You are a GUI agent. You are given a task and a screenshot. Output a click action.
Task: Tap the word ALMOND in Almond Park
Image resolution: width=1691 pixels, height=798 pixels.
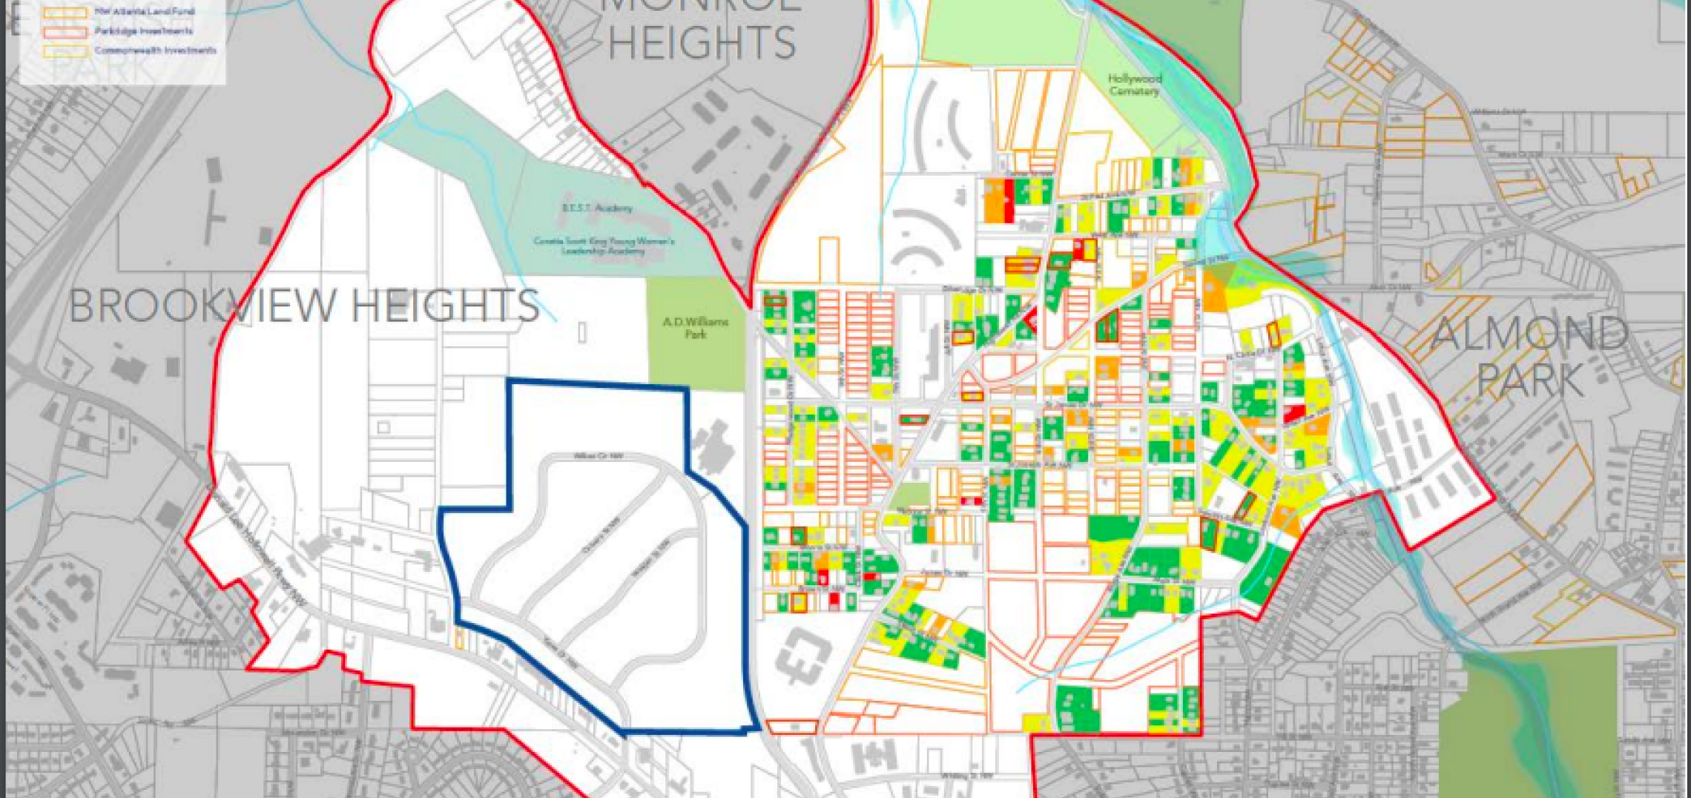pyautogui.click(x=1529, y=334)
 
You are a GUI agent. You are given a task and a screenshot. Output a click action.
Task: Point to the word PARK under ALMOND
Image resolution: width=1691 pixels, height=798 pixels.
pyautogui.click(x=1529, y=381)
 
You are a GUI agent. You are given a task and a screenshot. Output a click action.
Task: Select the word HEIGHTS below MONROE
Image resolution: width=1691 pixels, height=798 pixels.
pyautogui.click(x=702, y=42)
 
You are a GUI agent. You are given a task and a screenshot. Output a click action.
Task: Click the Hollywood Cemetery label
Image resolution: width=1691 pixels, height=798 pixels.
pyautogui.click(x=1134, y=85)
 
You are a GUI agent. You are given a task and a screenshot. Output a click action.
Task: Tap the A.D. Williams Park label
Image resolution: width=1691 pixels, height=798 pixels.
pyautogui.click(x=695, y=328)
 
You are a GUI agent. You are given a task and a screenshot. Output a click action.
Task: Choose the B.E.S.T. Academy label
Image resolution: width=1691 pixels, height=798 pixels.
pyautogui.click(x=597, y=208)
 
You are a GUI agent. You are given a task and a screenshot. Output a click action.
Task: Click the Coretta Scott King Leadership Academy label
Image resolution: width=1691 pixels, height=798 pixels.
pyautogui.click(x=604, y=245)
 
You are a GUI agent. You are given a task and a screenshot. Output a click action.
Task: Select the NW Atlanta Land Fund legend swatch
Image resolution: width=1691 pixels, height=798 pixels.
pyautogui.click(x=65, y=13)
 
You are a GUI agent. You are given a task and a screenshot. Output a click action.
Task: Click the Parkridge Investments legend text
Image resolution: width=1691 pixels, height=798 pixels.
pyautogui.click(x=143, y=31)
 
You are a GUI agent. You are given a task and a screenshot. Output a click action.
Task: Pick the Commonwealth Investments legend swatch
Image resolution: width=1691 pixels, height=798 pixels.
pyautogui.click(x=65, y=51)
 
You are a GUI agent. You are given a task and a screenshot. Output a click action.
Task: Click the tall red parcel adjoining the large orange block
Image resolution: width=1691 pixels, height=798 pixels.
pyautogui.click(x=1009, y=199)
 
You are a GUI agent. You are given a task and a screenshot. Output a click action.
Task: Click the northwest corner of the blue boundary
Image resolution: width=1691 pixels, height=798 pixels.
pyautogui.click(x=510, y=382)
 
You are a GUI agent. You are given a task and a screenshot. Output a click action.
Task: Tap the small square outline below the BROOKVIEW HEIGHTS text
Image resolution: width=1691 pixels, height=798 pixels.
pyautogui.click(x=383, y=427)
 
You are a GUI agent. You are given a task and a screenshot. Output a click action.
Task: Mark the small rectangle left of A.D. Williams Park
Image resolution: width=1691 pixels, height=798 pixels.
pyautogui.click(x=582, y=332)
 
